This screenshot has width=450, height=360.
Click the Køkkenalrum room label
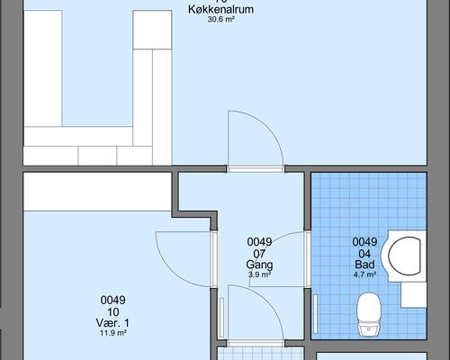pyautogui.click(x=220, y=9)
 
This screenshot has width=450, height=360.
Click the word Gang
pyautogui.click(x=259, y=265)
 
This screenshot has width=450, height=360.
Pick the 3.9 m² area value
pyautogui.click(x=259, y=275)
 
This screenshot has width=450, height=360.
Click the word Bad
pyautogui.click(x=364, y=265)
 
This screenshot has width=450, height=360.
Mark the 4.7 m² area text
pyautogui.click(x=364, y=275)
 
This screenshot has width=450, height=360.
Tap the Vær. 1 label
pyautogui.click(x=113, y=322)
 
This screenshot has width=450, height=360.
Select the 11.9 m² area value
pyautogui.click(x=113, y=332)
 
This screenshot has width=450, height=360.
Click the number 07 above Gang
pyautogui.click(x=259, y=254)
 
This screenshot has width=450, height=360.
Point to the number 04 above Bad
pyautogui.click(x=364, y=254)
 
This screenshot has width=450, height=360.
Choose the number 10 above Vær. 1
pyautogui.click(x=113, y=310)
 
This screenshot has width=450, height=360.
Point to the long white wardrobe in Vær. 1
pyautogui.click(x=97, y=191)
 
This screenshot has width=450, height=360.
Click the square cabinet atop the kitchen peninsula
pyautogui.click(x=151, y=31)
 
